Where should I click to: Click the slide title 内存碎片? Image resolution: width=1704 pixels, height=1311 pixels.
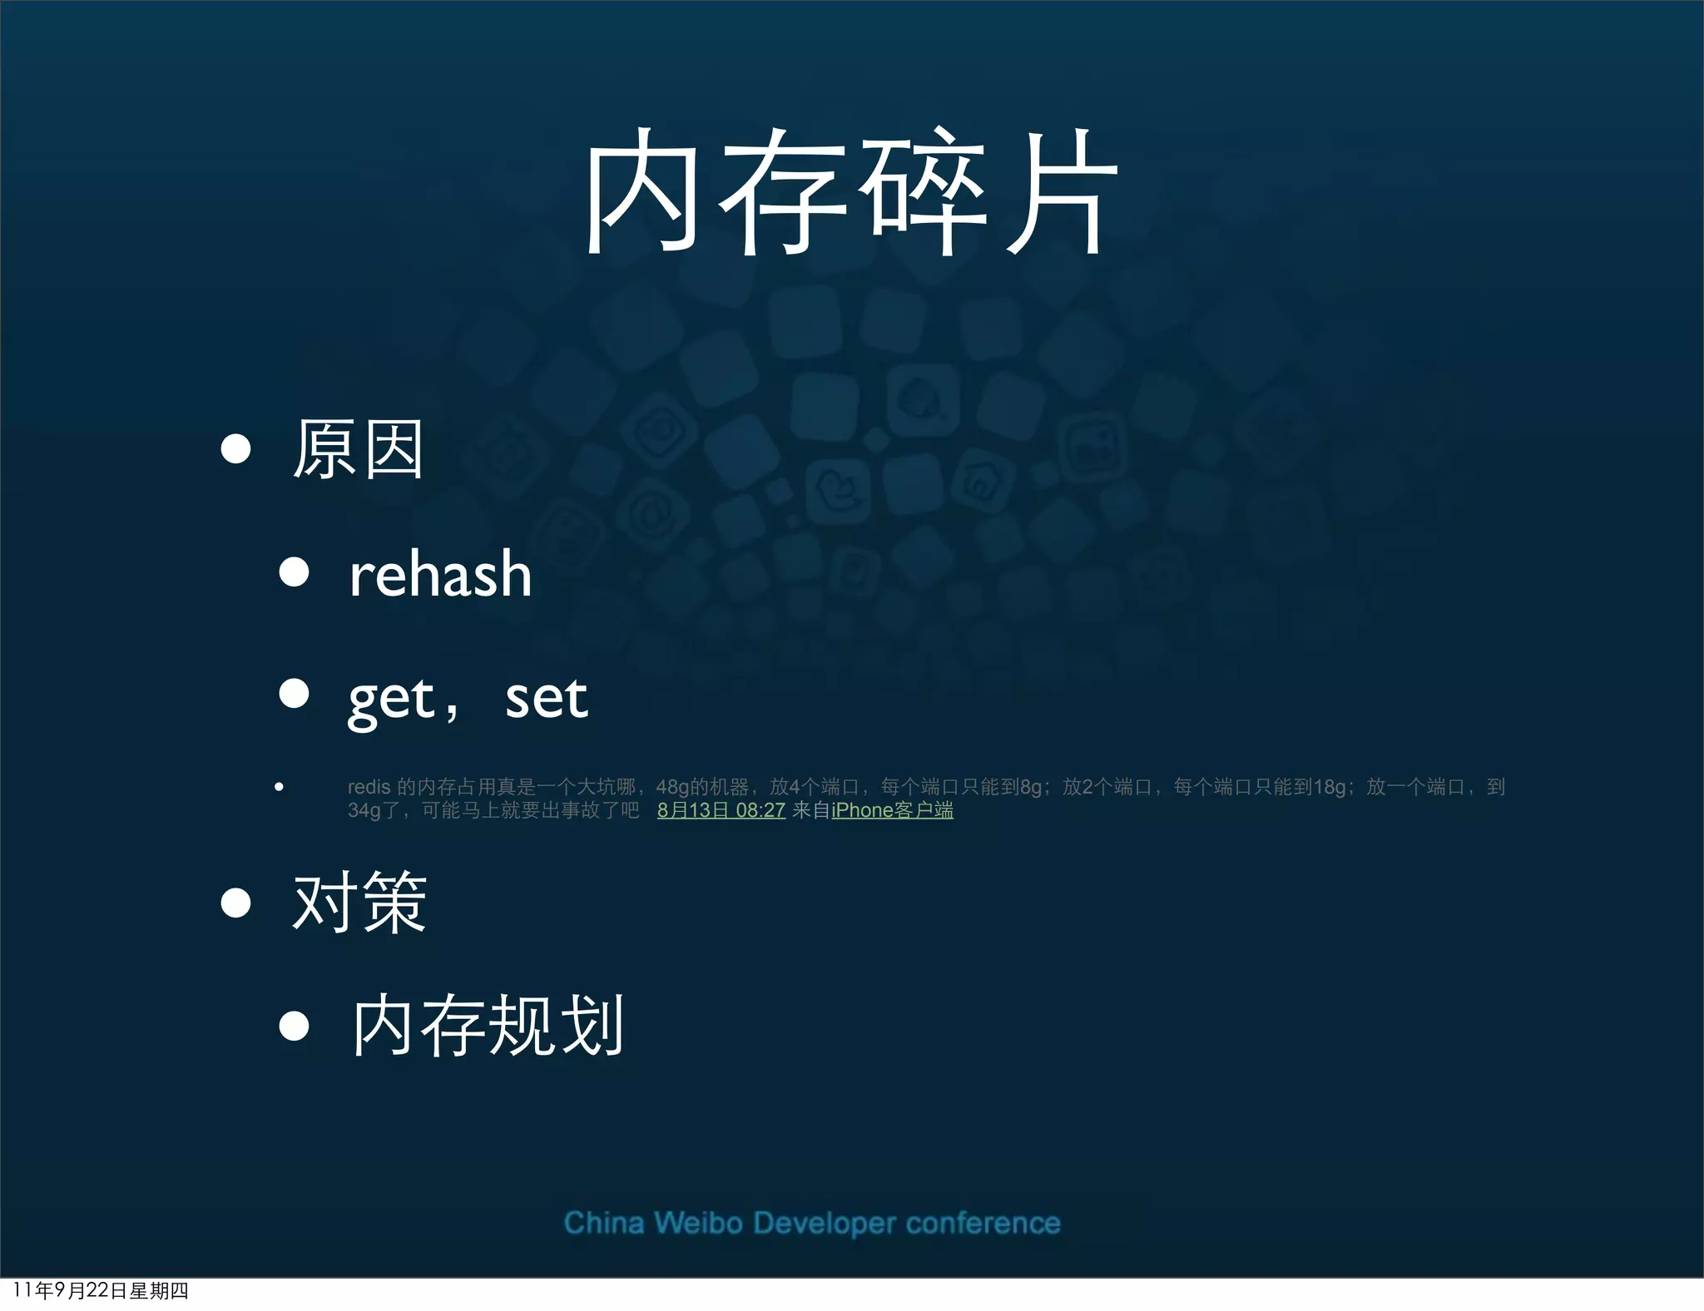pyautogui.click(x=850, y=193)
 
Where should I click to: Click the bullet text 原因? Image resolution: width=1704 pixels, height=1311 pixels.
pyautogui.click(x=358, y=450)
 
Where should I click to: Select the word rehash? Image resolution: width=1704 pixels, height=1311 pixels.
pyautogui.click(x=440, y=575)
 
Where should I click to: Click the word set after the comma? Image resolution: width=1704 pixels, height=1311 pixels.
pyautogui.click(x=546, y=699)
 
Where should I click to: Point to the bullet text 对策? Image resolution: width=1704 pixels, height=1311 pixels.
pyautogui.click(x=359, y=903)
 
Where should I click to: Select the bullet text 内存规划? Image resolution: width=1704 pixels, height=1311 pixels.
pyautogui.click(x=487, y=1027)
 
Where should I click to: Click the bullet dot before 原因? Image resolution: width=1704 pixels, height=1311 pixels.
pyautogui.click(x=236, y=449)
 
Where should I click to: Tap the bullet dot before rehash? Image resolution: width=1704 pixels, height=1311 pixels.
pyautogui.click(x=294, y=572)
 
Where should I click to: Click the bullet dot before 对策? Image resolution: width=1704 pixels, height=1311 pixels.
pyautogui.click(x=236, y=903)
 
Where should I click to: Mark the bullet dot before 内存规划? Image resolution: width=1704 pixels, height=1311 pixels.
pyautogui.click(x=294, y=1026)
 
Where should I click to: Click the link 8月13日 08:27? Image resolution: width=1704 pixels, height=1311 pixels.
pyautogui.click(x=721, y=810)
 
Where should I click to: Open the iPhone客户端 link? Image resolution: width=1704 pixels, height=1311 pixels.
pyautogui.click(x=892, y=810)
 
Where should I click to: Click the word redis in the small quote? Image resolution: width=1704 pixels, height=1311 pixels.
pyautogui.click(x=369, y=787)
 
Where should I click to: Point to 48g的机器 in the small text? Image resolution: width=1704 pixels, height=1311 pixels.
pyautogui.click(x=701, y=787)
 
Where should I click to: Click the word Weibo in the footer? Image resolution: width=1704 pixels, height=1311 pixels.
pyautogui.click(x=697, y=1224)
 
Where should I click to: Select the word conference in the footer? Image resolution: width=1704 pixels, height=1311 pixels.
pyautogui.click(x=983, y=1224)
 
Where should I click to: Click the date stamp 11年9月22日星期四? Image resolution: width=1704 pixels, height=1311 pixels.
pyautogui.click(x=101, y=1291)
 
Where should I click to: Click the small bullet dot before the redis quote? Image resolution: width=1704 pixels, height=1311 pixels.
pyautogui.click(x=279, y=787)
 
